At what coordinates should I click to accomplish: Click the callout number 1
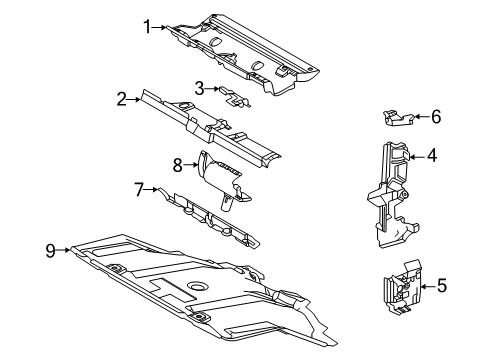point(147,27)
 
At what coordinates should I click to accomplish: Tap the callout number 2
point(122,99)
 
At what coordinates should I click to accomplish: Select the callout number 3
point(199,89)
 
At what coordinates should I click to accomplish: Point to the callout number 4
point(432,156)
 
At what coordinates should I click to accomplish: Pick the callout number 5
point(442,286)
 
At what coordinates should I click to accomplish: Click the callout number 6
point(436,117)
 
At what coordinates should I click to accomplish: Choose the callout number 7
point(139,189)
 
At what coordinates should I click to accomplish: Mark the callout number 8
point(177,165)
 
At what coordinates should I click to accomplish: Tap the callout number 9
point(50,250)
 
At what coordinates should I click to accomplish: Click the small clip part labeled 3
point(234,97)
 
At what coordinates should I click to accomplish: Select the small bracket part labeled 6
point(398,118)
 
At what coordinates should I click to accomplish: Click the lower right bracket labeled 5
point(402,287)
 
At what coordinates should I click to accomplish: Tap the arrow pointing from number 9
point(63,250)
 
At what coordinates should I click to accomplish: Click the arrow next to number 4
point(417,156)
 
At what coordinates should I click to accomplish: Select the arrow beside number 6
point(422,116)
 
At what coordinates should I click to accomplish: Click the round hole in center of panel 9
point(198,286)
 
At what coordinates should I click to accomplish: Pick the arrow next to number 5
point(428,286)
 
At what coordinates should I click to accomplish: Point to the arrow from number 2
point(134,99)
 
